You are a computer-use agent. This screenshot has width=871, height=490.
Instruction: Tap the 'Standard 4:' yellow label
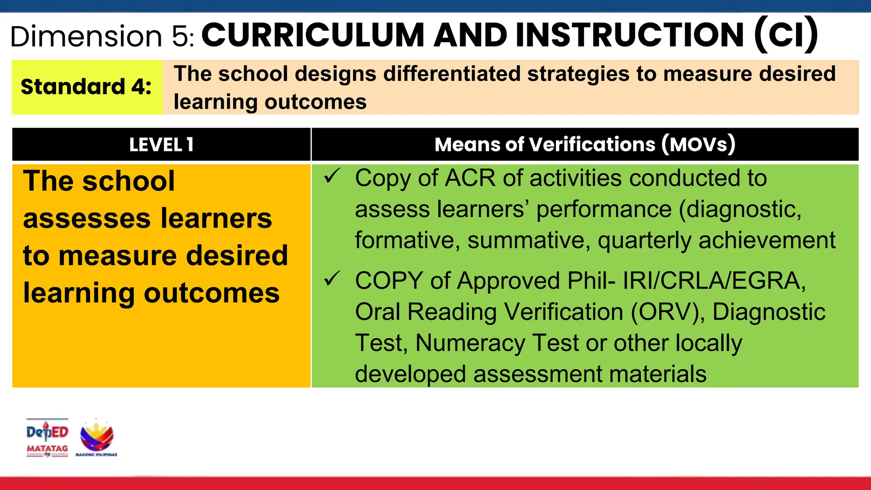(86, 87)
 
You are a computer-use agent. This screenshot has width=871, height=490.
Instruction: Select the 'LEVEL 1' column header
(161, 145)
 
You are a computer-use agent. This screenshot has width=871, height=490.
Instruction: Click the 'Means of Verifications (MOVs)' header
(585, 144)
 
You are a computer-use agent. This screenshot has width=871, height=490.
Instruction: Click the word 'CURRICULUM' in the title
(313, 35)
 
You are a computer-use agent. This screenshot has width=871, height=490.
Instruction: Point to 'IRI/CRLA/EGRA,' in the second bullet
(714, 281)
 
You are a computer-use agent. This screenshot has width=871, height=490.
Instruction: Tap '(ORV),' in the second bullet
(668, 312)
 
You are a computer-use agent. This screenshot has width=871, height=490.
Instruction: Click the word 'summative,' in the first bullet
(529, 240)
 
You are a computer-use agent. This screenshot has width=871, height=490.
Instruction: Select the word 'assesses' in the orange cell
(87, 219)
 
